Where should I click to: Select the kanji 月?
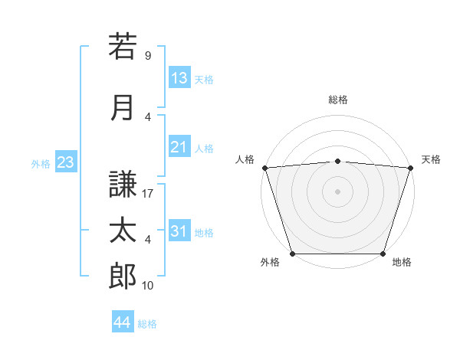point(123,106)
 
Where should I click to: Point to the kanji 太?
point(123,230)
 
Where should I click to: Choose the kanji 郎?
point(123,276)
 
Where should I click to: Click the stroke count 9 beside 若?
point(147,55)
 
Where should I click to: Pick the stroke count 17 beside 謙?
point(148,194)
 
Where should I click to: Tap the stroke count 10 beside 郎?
point(148,286)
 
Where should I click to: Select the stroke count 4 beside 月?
point(147,116)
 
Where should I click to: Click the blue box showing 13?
point(179,78)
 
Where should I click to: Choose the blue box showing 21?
point(179,148)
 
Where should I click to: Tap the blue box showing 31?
point(179,232)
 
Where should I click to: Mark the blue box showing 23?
point(65,162)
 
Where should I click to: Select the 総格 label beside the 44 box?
point(147,324)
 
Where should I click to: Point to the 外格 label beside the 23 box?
point(41,163)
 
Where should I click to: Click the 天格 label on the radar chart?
point(431,159)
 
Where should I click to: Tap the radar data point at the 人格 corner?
point(264,168)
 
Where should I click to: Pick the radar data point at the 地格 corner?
point(383,254)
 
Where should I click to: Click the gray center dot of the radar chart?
point(337,191)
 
